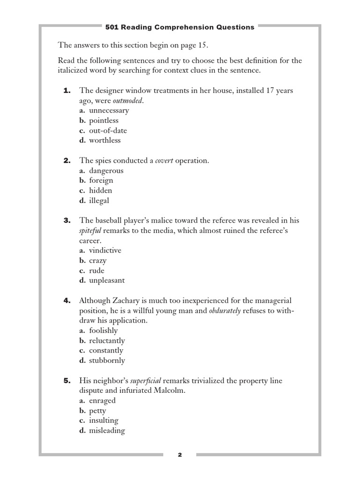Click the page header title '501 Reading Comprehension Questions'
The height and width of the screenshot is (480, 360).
tap(180, 27)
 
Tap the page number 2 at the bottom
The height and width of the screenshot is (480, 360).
tap(180, 455)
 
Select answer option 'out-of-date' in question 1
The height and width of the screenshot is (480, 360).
tap(108, 130)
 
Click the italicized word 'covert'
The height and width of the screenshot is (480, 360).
tap(164, 161)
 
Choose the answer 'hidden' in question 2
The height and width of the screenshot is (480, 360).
tap(100, 191)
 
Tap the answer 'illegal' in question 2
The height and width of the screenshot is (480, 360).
tap(99, 201)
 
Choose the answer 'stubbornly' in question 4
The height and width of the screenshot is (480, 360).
tap(107, 360)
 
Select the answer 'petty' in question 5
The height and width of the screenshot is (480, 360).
tap(97, 411)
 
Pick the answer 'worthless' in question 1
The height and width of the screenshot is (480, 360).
tap(105, 140)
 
